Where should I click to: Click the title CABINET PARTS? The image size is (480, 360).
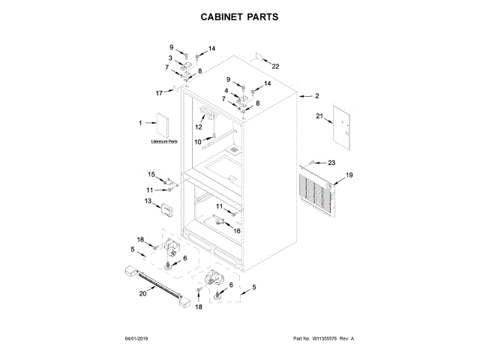pyautogui.click(x=240, y=16)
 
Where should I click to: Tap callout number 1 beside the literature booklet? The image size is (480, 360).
pyautogui.click(x=139, y=123)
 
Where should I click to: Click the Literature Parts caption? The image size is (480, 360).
pyautogui.click(x=164, y=141)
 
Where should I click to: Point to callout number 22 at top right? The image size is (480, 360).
pyautogui.click(x=275, y=67)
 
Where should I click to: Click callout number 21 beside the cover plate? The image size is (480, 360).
pyautogui.click(x=318, y=117)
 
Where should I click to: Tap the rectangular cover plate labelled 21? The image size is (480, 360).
pyautogui.click(x=342, y=124)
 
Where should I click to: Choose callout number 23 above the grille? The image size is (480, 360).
pyautogui.click(x=331, y=163)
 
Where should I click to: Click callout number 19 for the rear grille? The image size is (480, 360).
pyautogui.click(x=348, y=175)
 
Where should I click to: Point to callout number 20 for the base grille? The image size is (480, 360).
pyautogui.click(x=142, y=293)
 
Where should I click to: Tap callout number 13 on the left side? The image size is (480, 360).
pyautogui.click(x=148, y=201)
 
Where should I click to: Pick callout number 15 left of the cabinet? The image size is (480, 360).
pyautogui.click(x=151, y=174)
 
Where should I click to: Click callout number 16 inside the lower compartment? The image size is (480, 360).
pyautogui.click(x=237, y=232)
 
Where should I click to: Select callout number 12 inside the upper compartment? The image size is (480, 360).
pyautogui.click(x=199, y=127)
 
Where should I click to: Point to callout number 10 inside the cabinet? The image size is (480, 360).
pyautogui.click(x=198, y=141)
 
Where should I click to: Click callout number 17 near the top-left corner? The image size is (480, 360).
pyautogui.click(x=159, y=93)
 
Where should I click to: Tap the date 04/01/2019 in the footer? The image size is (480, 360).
pyautogui.click(x=138, y=339)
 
